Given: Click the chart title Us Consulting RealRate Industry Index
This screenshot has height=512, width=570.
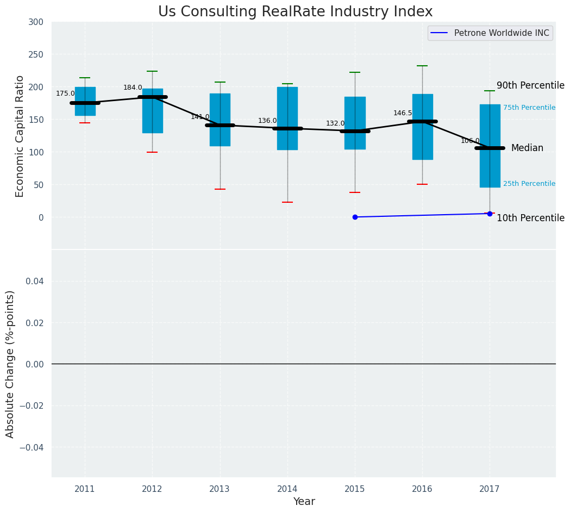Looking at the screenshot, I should tap(295, 12).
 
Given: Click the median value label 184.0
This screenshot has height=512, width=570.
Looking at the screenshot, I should tap(133, 88).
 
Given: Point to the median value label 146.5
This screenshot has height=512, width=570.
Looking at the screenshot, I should tap(403, 113).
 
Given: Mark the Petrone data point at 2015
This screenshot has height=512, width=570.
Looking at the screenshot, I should tap(355, 217).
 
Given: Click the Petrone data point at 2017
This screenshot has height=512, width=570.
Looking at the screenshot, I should tap(490, 214).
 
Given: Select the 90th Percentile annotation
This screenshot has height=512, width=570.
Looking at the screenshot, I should tap(530, 86).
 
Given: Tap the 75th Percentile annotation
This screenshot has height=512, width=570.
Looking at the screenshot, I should tap(529, 108).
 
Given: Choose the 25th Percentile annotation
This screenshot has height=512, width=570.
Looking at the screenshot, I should tap(529, 184).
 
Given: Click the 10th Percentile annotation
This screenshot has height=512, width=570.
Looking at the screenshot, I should tap(530, 218).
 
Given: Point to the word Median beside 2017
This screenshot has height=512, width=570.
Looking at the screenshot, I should tap(527, 148).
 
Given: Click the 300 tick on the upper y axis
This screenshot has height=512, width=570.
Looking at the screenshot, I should tap(36, 22).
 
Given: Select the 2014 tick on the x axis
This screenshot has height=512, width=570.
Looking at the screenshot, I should tap(287, 489).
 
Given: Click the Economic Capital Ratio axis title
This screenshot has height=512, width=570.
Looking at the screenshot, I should tap(20, 136).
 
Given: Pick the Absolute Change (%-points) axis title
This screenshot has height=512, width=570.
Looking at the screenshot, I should tap(10, 364).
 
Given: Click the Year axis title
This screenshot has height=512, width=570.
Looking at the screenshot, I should tap(304, 502).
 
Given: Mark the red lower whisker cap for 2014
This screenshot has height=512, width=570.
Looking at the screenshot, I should tap(287, 202).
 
